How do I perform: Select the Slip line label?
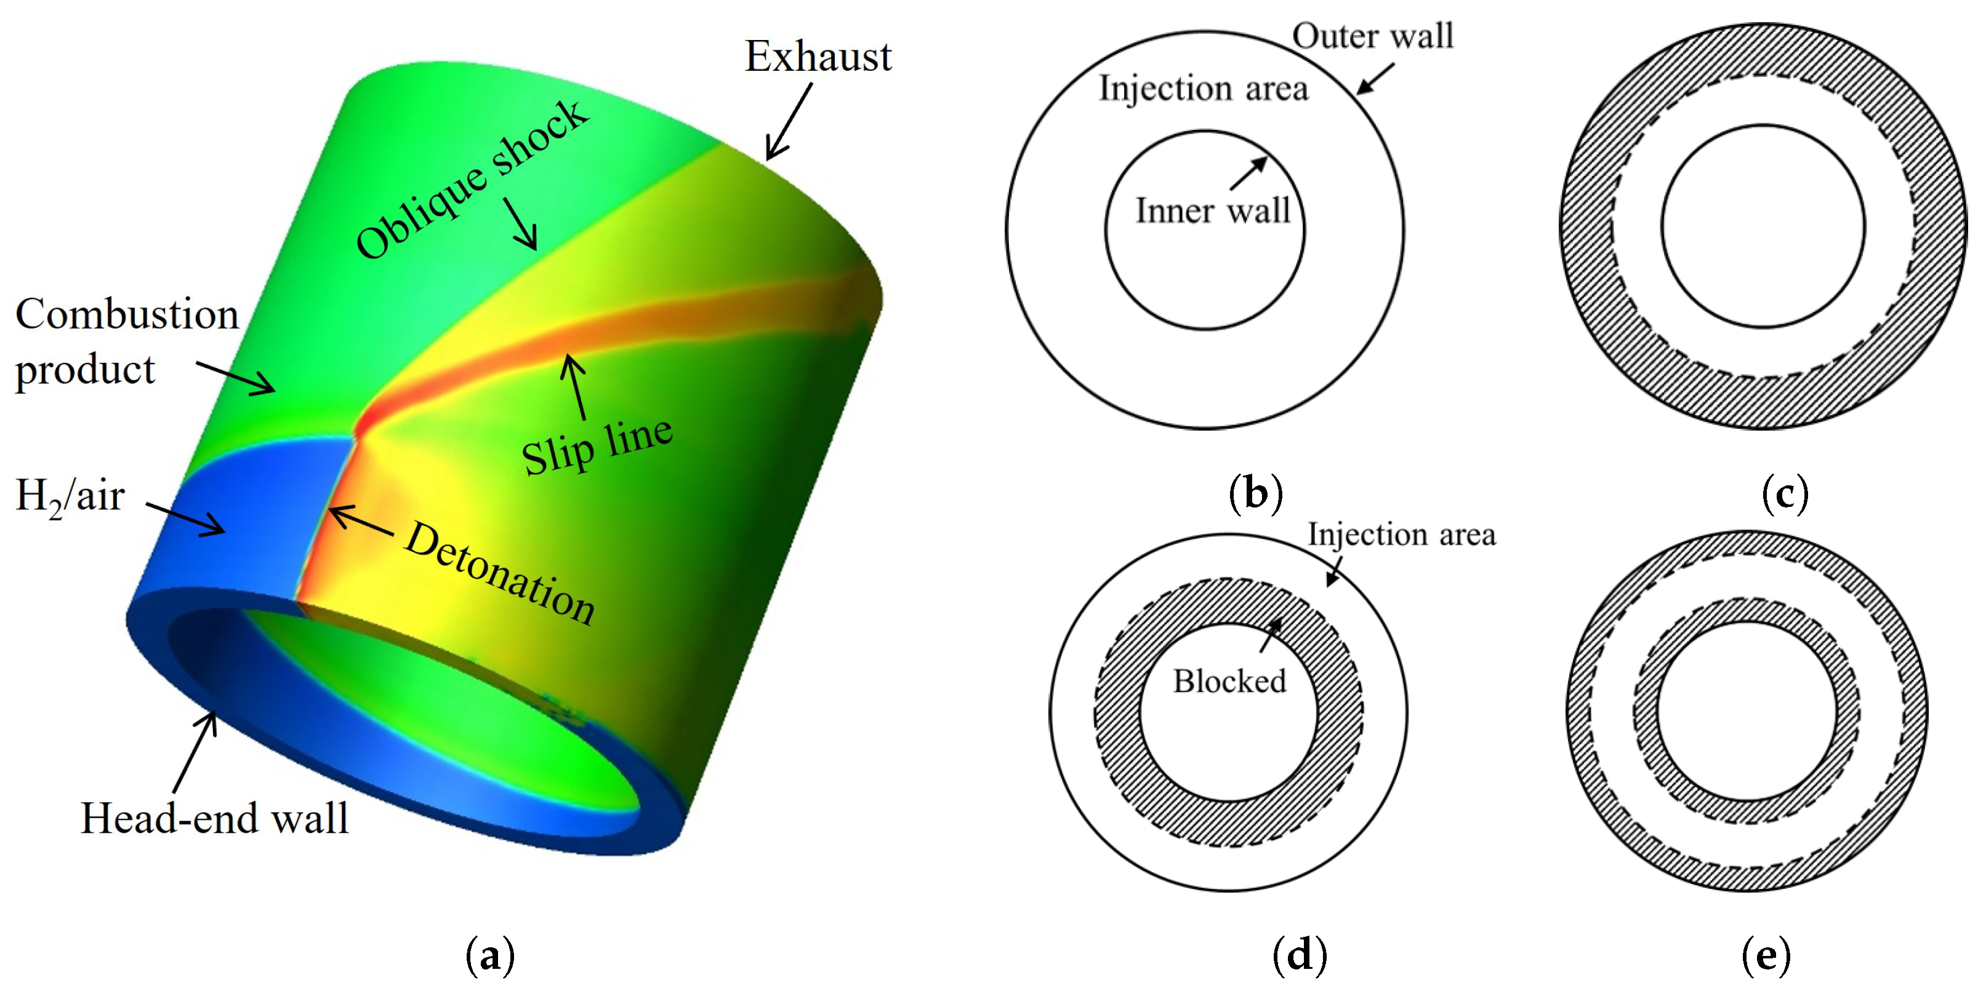coord(597,447)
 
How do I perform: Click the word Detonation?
coord(501,573)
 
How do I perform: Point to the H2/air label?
coord(70,496)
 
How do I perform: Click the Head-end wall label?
coord(214,818)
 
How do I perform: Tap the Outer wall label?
coord(1372,36)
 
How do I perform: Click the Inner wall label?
coord(1213,210)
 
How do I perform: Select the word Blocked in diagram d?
coord(1229,681)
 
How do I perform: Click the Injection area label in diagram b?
coord(1204,88)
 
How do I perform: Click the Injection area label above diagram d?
coord(1402,534)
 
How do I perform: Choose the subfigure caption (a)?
coord(489,955)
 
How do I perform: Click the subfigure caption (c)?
coord(1785,494)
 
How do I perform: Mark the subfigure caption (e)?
coord(1766,955)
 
